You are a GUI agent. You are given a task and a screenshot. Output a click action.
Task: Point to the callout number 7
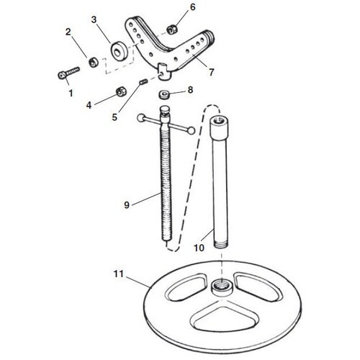[211, 73]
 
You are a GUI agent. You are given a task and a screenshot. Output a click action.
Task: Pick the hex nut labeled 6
[173, 28]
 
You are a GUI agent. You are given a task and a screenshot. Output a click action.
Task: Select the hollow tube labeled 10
[220, 180]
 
